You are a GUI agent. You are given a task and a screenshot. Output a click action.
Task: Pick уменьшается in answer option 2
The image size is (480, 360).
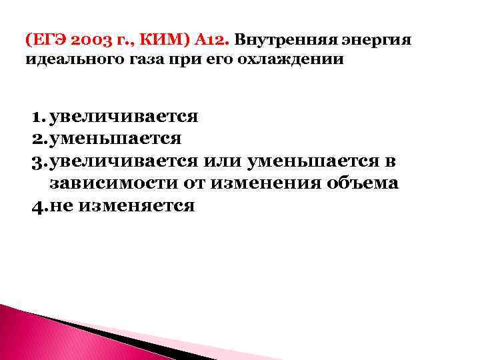pos(115,139)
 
